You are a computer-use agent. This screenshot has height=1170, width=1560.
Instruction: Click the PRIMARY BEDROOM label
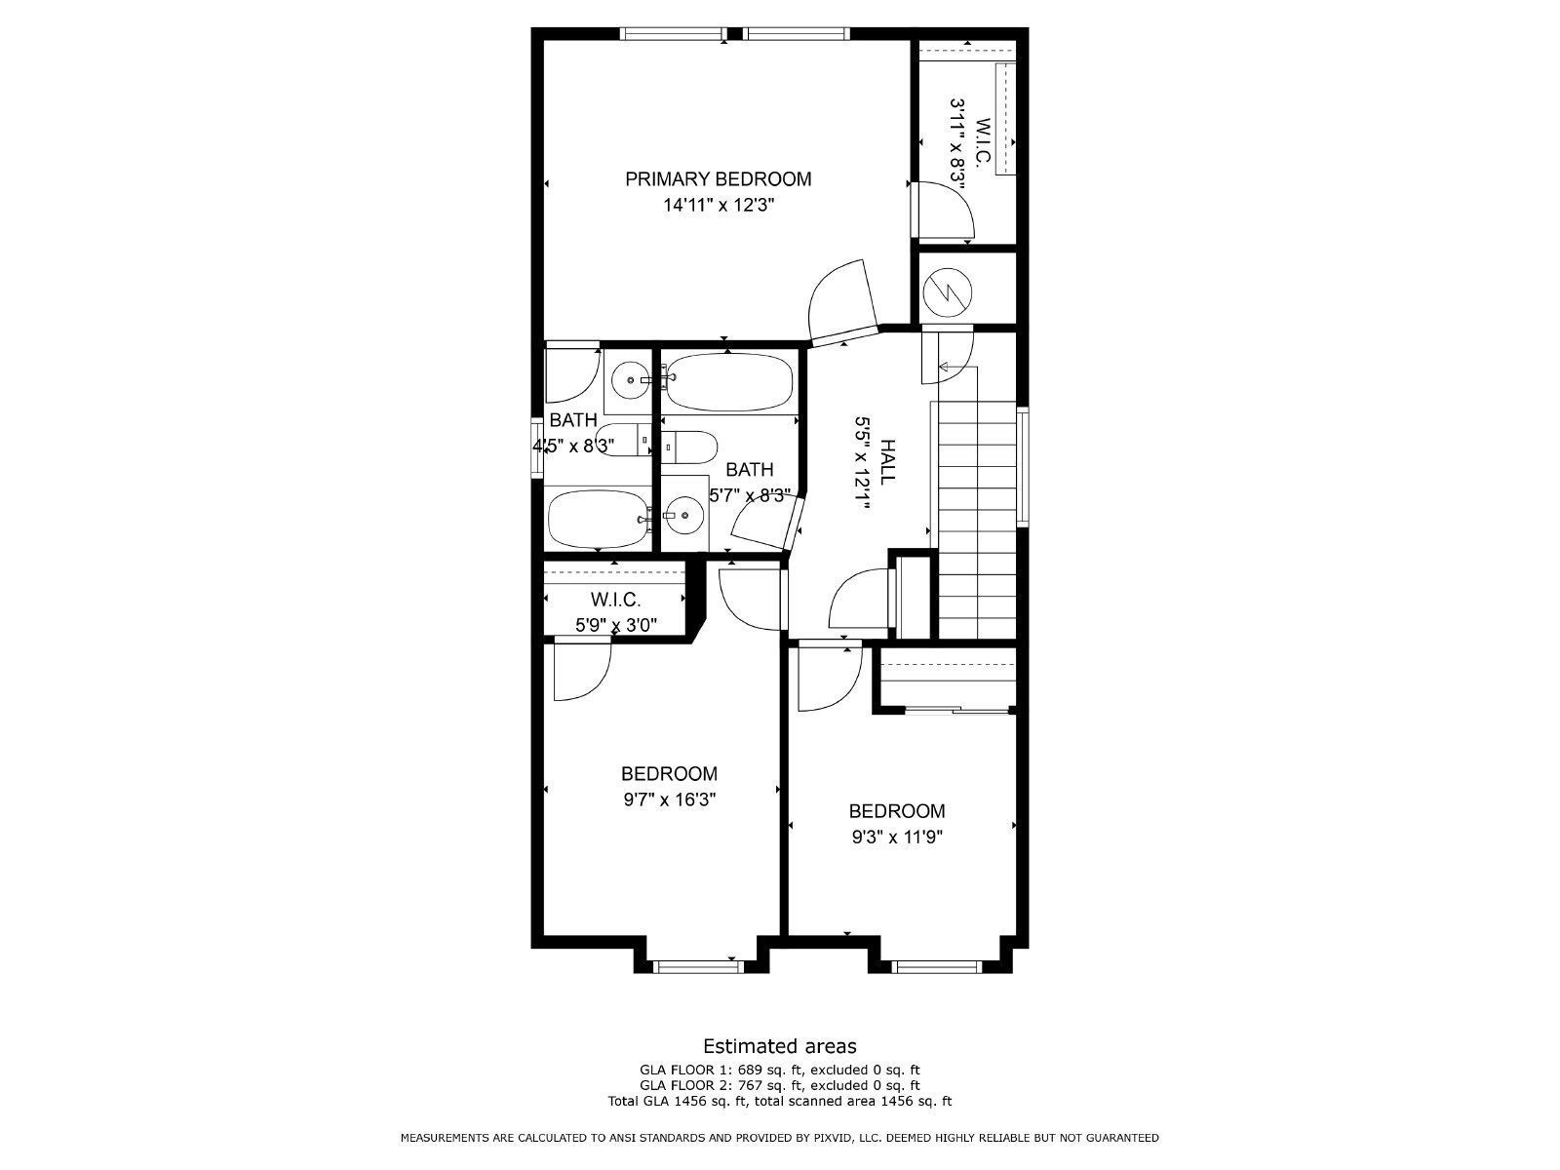(x=718, y=179)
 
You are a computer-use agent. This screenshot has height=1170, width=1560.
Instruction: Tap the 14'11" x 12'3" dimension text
(x=718, y=206)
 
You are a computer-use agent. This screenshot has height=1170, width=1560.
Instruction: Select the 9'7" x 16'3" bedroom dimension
(x=669, y=799)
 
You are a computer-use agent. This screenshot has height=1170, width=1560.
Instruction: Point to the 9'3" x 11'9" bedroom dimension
(x=896, y=837)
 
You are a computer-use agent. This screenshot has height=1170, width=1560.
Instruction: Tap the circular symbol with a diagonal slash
(x=947, y=290)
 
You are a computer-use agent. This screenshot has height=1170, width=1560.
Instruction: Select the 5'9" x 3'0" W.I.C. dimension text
(x=614, y=626)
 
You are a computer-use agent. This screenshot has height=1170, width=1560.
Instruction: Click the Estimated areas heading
(x=779, y=1046)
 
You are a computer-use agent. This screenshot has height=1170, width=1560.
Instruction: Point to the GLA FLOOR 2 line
(x=779, y=1084)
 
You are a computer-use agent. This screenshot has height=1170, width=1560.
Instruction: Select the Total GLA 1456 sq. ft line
(x=779, y=1101)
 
